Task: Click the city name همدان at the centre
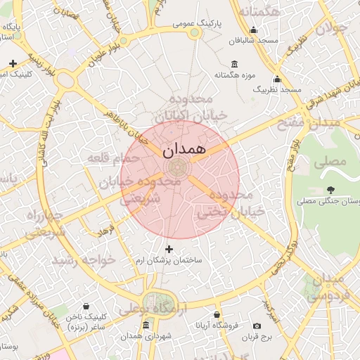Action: (184, 150)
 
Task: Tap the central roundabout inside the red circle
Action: (178, 167)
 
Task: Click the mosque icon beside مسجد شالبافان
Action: (254, 30)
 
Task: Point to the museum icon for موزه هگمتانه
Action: (234, 65)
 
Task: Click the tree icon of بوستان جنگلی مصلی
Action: (330, 190)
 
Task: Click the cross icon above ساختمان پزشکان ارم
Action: (168, 249)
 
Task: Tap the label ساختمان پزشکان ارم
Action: (169, 261)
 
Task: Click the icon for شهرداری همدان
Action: (146, 325)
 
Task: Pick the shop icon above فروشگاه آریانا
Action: (217, 314)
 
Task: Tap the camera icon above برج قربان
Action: (257, 326)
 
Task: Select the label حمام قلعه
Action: (110, 158)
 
